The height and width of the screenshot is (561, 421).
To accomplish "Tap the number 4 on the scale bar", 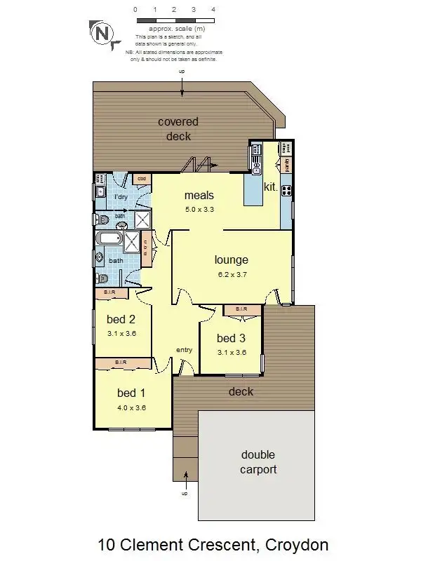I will click(x=213, y=11).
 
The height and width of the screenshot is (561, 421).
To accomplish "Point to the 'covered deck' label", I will click(x=178, y=129).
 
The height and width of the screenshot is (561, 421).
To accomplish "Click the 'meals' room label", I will click(x=199, y=196).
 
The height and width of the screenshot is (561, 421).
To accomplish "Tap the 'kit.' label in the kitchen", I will click(x=270, y=187).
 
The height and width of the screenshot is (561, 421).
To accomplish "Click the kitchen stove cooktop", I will click(x=286, y=189).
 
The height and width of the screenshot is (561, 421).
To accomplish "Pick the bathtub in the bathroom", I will click(x=109, y=240).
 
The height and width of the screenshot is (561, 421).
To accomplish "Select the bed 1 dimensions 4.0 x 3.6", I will click(x=131, y=407).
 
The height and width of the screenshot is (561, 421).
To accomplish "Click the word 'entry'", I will click(x=184, y=350).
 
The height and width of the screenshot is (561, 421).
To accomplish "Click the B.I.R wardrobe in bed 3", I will click(x=241, y=309).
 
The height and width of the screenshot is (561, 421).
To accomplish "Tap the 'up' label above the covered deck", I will click(x=182, y=72).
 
